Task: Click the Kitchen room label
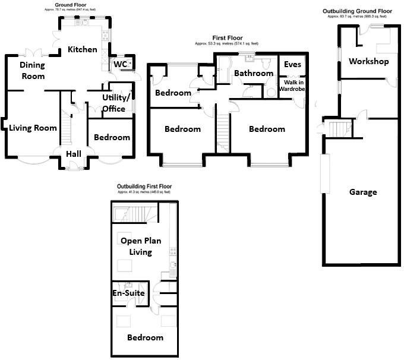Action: click(x=82, y=49)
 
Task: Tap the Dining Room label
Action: click(x=32, y=71)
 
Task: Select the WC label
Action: click(x=120, y=64)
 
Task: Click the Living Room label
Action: click(x=33, y=128)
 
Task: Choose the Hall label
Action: click(x=74, y=154)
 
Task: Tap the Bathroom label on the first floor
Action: click(x=253, y=73)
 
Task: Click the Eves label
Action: click(x=292, y=64)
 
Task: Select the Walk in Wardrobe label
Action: click(x=292, y=86)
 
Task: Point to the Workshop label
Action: click(x=368, y=61)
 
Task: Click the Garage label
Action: click(x=362, y=192)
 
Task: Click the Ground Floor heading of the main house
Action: click(x=71, y=5)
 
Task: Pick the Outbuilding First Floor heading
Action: click(x=144, y=187)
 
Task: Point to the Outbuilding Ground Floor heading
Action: click(x=357, y=11)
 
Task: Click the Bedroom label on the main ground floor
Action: click(x=112, y=137)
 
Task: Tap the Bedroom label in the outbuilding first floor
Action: click(x=145, y=337)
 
